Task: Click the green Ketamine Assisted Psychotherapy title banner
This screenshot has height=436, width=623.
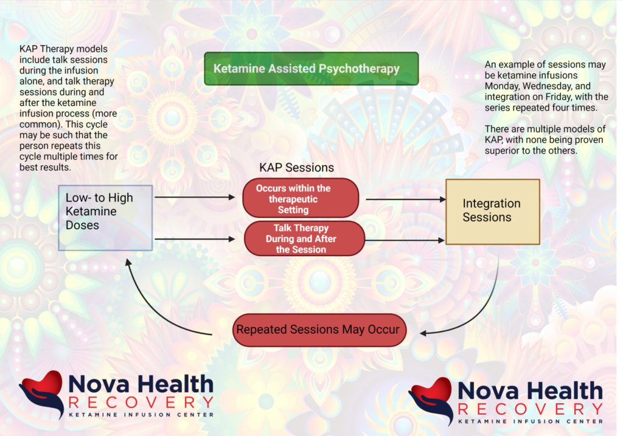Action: (x=311, y=69)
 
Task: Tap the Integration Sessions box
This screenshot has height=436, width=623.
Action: (x=492, y=211)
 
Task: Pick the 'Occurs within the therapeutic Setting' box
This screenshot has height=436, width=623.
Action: (x=301, y=198)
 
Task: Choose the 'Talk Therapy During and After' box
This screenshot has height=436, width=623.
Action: (x=304, y=238)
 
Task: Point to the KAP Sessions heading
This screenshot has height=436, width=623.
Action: (x=296, y=168)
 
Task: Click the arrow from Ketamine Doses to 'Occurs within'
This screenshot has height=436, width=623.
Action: (x=195, y=197)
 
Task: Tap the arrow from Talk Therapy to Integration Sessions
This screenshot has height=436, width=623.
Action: (x=404, y=240)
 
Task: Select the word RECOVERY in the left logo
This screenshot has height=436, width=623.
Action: (x=141, y=402)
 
